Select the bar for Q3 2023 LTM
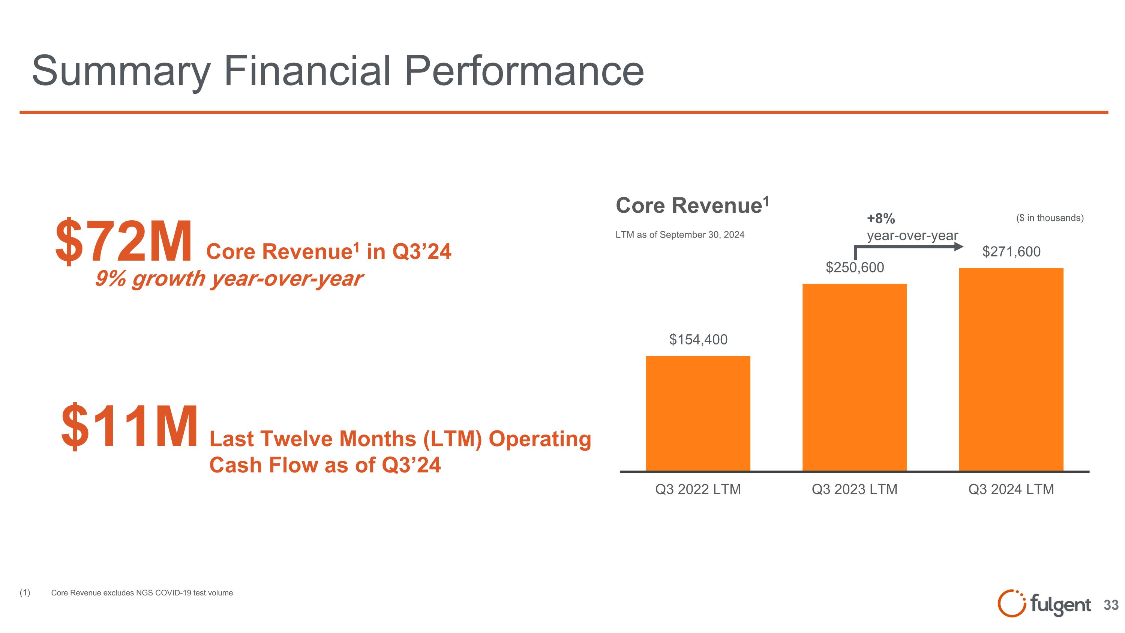[855, 377]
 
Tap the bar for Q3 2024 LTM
[1011, 370]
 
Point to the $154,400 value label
[698, 340]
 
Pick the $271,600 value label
[1011, 252]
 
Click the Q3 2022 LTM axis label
[698, 489]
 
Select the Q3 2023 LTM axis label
[855, 489]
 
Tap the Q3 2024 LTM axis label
[1011, 489]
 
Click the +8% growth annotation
[881, 218]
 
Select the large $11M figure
[130, 427]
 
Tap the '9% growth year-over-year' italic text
[228, 279]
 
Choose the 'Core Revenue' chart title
[692, 205]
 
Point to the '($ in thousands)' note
[1050, 218]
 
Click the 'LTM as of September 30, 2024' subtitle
[679, 235]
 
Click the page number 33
[1111, 605]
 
